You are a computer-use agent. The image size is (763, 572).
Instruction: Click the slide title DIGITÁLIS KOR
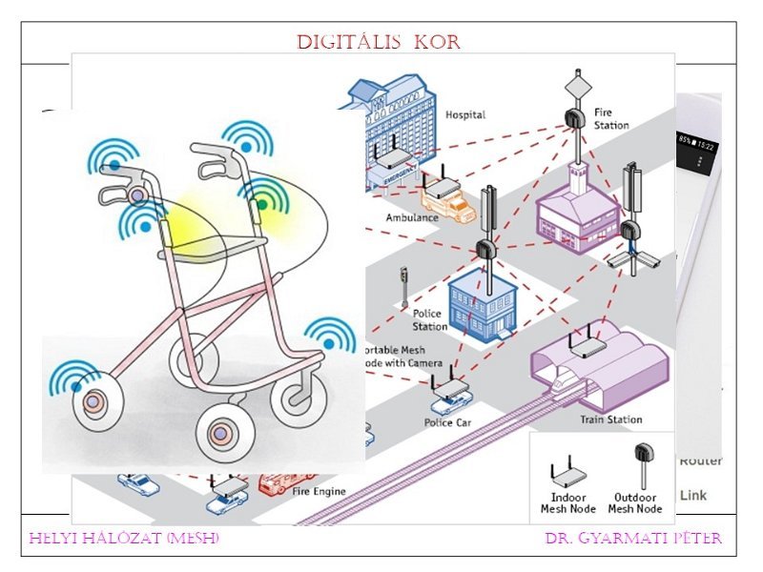click(x=379, y=43)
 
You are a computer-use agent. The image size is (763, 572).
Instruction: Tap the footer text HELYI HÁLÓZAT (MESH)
click(x=124, y=539)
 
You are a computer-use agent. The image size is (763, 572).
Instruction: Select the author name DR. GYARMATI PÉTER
click(x=633, y=539)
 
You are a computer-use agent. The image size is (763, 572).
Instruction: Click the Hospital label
click(x=465, y=115)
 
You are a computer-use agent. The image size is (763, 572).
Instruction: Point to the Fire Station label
click(x=610, y=118)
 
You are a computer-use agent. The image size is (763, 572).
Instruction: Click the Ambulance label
click(x=412, y=217)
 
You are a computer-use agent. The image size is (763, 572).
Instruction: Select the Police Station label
click(x=429, y=320)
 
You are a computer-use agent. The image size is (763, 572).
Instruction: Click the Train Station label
click(x=610, y=419)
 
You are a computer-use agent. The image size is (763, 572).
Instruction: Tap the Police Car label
click(x=449, y=422)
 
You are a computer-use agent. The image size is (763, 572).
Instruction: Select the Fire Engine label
click(x=320, y=492)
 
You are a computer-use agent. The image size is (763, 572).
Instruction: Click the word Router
click(x=700, y=461)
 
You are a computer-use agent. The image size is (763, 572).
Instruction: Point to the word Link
click(x=693, y=496)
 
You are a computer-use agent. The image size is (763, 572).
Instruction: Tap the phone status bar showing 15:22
click(x=698, y=142)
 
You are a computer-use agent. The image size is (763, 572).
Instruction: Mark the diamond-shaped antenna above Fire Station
click(x=576, y=84)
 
